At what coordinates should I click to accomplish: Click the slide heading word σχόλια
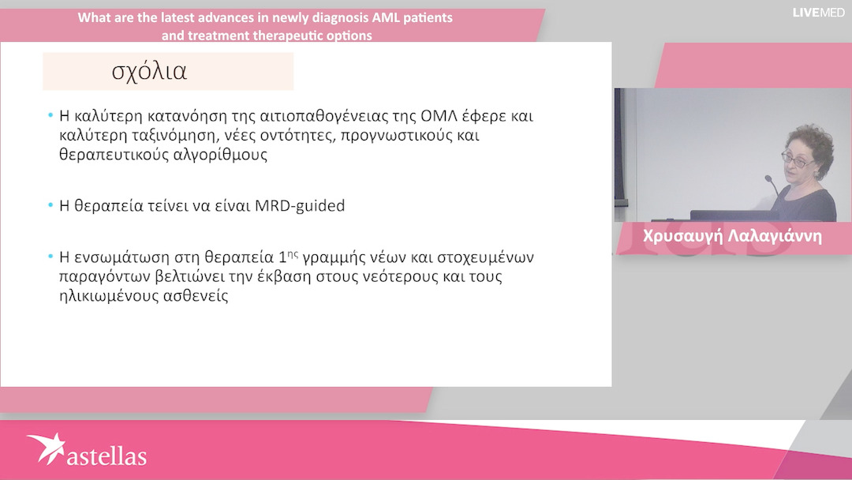point(149,72)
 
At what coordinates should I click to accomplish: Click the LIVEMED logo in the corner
point(818,12)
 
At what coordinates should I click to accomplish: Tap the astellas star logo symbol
point(47,448)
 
